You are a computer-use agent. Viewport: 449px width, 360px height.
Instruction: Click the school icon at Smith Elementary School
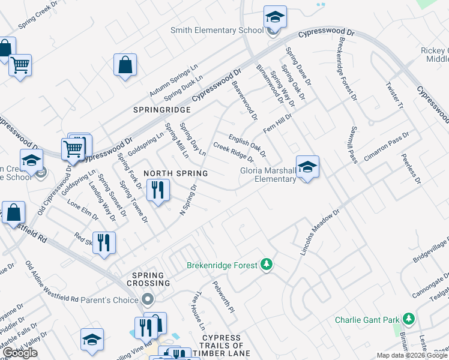[275, 17]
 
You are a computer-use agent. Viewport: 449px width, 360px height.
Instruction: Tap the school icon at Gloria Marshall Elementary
[307, 167]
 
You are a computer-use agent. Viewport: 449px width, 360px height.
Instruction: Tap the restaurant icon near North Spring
[157, 190]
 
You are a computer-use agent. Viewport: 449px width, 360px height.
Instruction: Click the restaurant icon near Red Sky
[104, 243]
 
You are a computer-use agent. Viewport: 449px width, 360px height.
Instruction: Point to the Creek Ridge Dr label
[234, 152]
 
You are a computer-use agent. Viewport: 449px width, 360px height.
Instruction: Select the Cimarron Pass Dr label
[388, 145]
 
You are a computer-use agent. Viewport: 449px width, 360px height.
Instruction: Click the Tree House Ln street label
[199, 310]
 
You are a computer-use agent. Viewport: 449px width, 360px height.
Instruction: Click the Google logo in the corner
[20, 353]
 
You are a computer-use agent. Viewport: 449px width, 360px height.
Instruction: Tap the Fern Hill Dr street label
[277, 122]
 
